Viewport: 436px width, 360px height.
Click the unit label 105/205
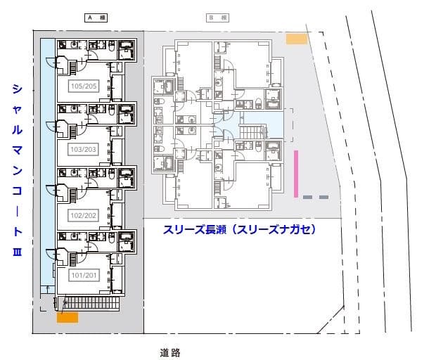84,86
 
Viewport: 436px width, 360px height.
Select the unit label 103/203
84,150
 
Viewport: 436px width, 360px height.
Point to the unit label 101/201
84,275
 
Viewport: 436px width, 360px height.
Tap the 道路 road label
170,352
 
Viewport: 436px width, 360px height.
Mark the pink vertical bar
296,173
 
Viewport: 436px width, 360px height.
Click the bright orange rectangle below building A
68,317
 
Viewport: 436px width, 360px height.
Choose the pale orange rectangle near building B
297,39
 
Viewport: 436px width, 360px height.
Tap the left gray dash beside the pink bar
307,198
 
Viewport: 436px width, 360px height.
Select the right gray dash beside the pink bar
323,198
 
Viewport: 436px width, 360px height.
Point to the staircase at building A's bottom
89,303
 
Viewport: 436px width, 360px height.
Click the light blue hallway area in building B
275,127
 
